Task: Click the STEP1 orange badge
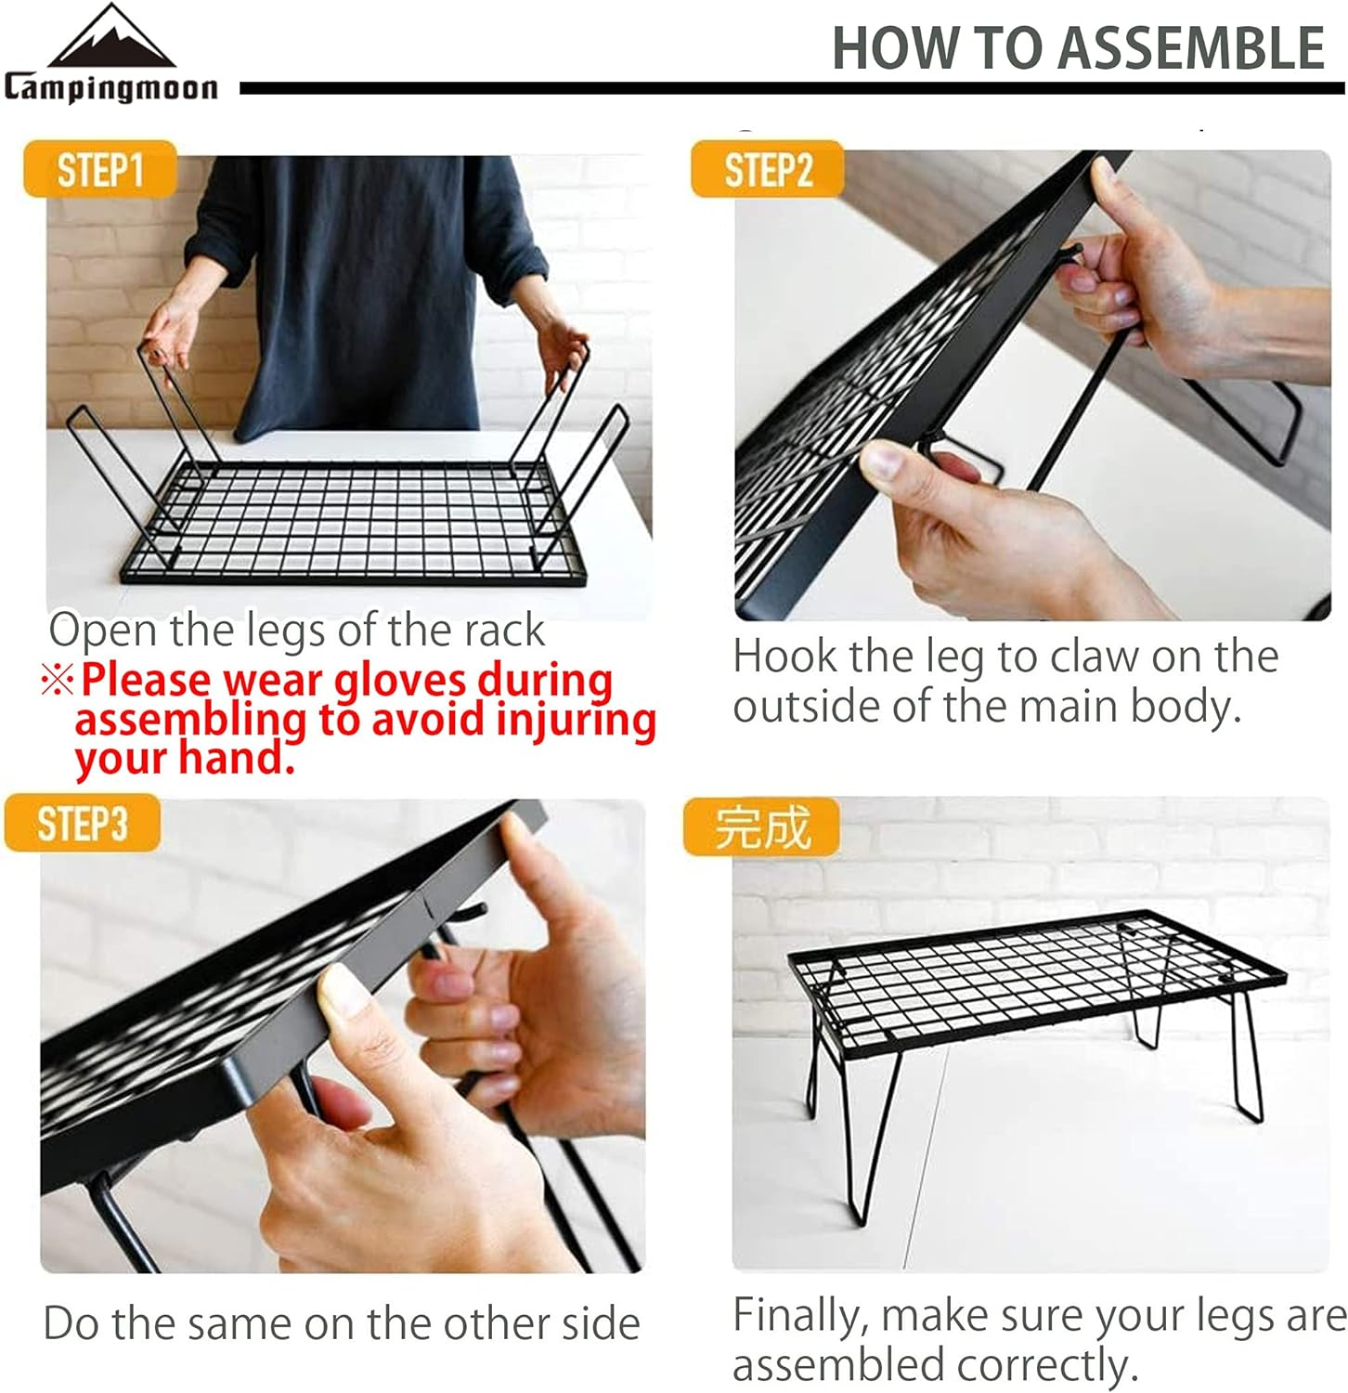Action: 99,170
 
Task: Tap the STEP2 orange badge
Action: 768,170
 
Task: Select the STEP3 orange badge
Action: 82,824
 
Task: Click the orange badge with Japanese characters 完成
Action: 761,827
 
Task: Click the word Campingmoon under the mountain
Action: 111,87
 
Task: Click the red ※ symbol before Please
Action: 57,681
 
